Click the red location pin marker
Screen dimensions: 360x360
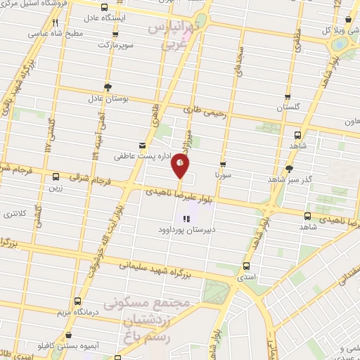(x=180, y=165)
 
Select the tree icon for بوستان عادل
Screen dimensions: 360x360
(x=107, y=87)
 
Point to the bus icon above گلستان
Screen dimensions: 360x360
(x=287, y=98)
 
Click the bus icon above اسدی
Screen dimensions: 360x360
(x=245, y=266)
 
